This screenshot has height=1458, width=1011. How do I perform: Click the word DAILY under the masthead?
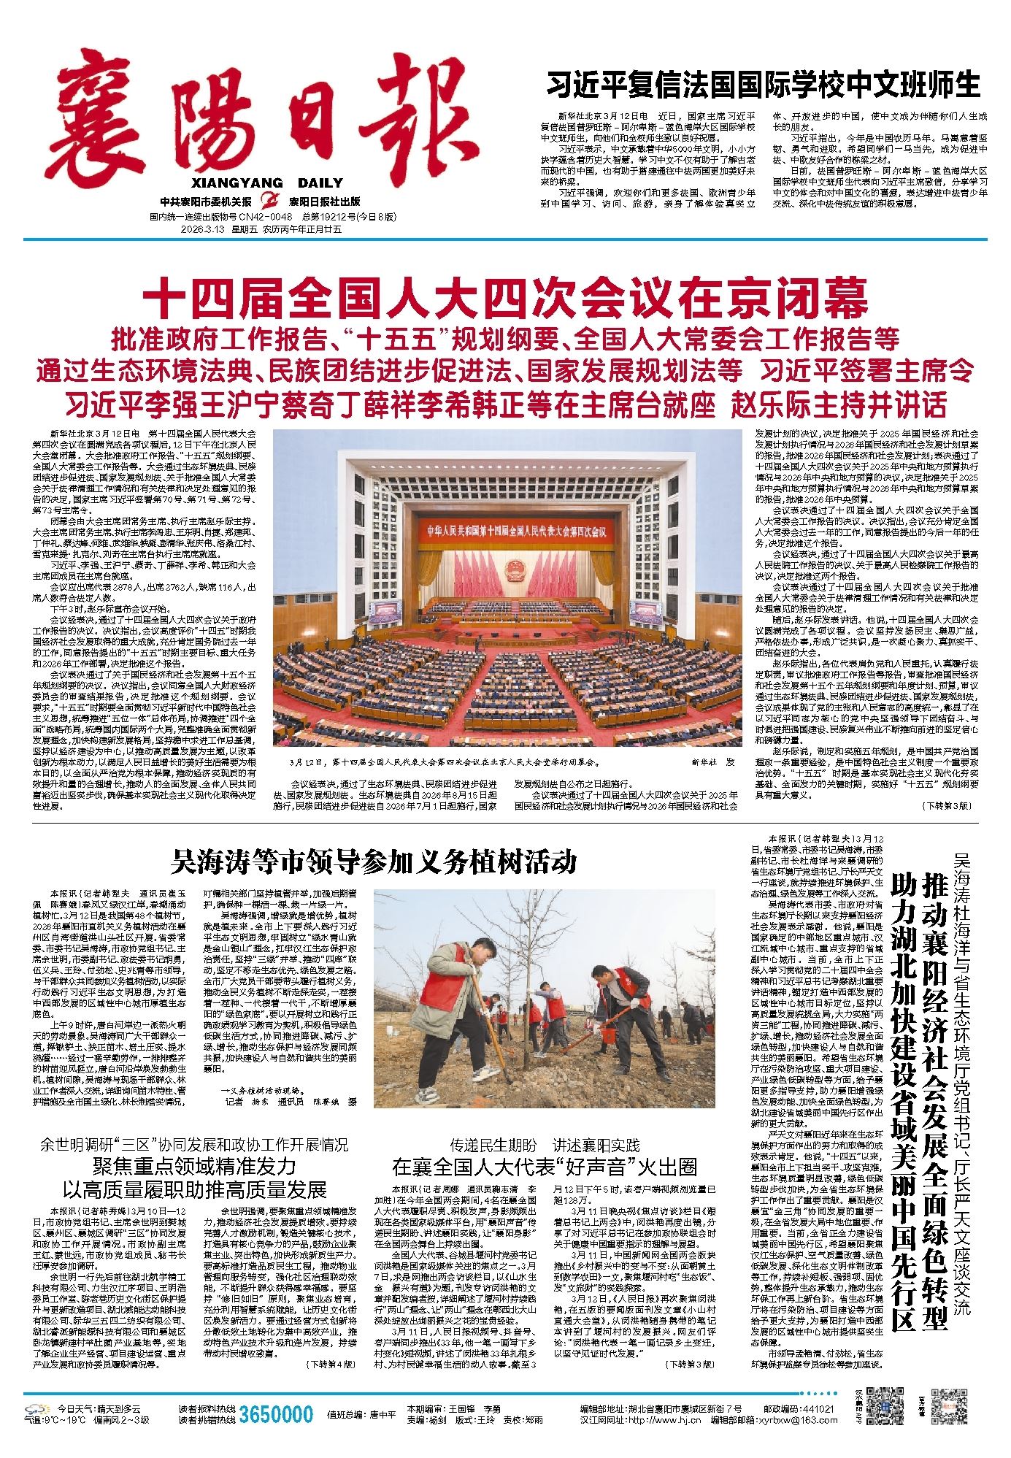click(x=320, y=184)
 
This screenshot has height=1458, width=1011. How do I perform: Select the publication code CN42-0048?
click(x=264, y=218)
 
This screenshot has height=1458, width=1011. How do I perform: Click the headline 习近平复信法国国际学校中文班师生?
click(x=764, y=85)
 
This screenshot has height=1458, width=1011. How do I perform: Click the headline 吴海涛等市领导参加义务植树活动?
click(x=373, y=862)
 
